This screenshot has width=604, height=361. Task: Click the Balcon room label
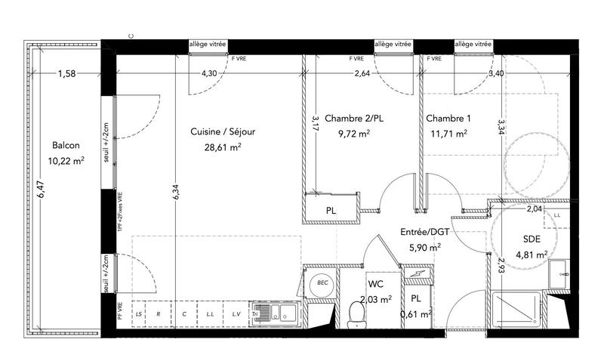(67, 146)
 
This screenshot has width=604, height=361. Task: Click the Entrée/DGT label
(424, 232)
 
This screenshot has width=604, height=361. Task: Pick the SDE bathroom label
(532, 239)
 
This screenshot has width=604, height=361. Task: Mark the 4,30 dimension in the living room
(208, 74)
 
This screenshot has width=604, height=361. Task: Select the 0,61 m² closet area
(416, 314)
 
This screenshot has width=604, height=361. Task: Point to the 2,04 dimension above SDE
(534, 208)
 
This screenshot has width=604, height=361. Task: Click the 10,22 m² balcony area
(67, 160)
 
